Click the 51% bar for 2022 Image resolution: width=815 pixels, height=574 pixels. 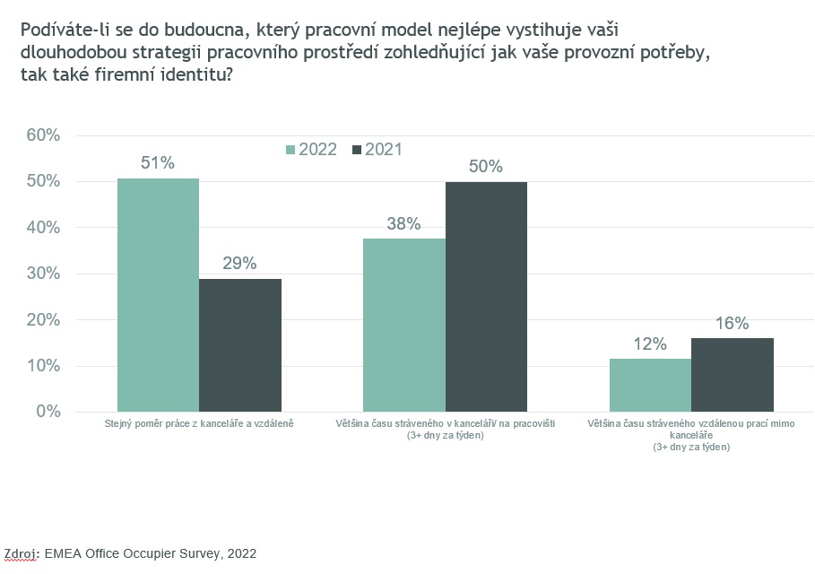158,295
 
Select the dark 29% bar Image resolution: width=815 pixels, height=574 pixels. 240,345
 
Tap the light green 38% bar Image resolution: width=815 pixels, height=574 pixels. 404,325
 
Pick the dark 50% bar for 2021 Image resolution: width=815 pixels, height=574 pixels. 486,297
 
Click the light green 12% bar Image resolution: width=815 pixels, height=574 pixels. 650,386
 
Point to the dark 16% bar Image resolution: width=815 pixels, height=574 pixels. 733,375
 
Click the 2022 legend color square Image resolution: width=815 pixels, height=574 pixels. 290,150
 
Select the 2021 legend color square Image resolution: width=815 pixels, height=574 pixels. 357,150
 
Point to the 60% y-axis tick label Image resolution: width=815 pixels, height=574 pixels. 43,135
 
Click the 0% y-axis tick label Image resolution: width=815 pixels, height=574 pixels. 48,412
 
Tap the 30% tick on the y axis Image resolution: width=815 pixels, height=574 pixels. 43,274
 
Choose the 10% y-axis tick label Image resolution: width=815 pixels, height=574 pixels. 43,366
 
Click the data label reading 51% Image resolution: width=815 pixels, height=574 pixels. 158,162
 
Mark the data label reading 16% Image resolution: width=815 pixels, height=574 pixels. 732,324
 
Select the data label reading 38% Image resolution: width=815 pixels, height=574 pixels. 403,223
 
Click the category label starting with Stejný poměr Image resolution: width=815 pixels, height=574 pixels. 199,423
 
